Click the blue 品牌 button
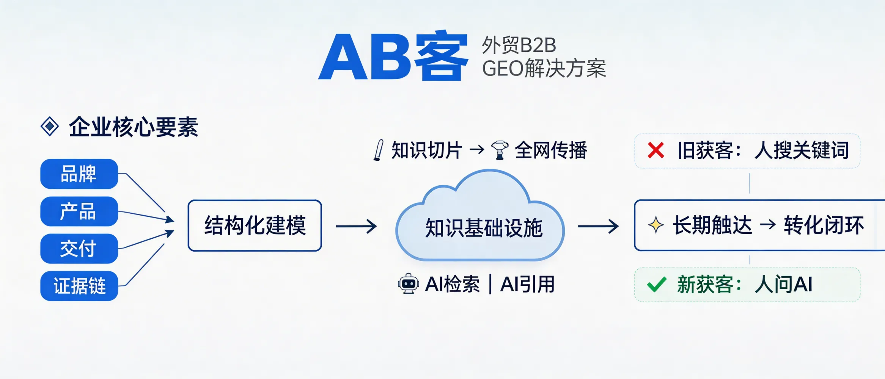click(x=79, y=174)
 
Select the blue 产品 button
click(x=79, y=211)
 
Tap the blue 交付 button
click(x=79, y=249)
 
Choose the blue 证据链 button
click(x=79, y=286)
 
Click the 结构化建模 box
click(x=255, y=226)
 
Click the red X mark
click(x=656, y=150)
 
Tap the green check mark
click(x=657, y=285)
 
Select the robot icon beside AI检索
click(x=408, y=284)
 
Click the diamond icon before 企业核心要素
click(x=50, y=127)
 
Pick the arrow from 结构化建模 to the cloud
click(x=356, y=227)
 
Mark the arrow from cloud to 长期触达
click(x=598, y=227)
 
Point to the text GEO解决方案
click(x=544, y=69)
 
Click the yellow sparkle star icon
click(x=655, y=226)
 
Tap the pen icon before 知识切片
click(x=379, y=150)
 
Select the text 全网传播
click(x=551, y=150)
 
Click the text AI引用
click(x=528, y=284)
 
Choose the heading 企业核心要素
click(x=133, y=127)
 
